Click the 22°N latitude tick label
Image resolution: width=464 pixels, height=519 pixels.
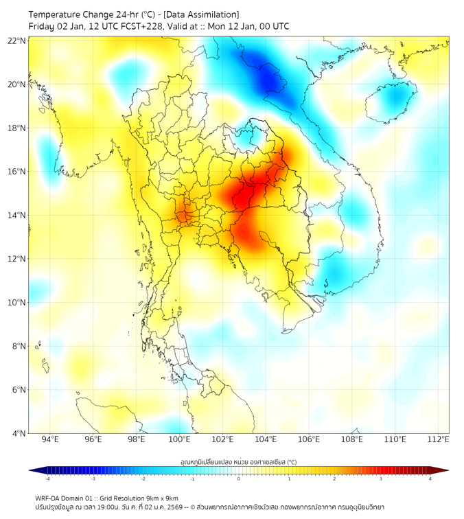(x=17, y=41)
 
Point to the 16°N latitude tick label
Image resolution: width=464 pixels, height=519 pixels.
(x=17, y=172)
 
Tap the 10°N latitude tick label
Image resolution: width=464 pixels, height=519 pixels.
(x=17, y=303)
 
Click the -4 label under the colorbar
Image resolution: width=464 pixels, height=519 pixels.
(x=47, y=479)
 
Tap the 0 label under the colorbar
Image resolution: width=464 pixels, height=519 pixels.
(x=239, y=479)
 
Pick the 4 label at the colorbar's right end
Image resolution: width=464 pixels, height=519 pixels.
(x=430, y=479)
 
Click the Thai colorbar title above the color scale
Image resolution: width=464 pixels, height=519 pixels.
(x=238, y=461)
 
